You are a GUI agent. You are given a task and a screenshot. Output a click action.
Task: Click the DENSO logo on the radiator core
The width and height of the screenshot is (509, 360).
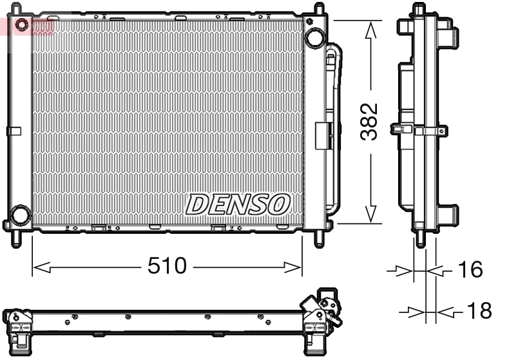click(x=237, y=204)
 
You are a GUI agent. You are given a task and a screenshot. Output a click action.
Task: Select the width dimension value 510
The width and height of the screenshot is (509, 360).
click(x=167, y=266)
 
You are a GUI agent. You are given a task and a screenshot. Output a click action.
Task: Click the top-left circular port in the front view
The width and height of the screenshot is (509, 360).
click(x=22, y=26)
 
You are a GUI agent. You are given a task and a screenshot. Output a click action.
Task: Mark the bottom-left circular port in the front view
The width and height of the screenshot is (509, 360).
click(x=21, y=214)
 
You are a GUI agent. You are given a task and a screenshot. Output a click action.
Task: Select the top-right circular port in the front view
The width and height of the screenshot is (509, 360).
click(x=315, y=37)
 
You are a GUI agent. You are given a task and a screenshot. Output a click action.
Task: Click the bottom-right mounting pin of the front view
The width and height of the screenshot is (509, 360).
click(x=319, y=238)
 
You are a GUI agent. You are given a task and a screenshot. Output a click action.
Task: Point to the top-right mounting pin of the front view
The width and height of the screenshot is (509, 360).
click(x=318, y=9)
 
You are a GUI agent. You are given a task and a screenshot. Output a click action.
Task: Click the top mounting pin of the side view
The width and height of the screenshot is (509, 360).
click(x=419, y=10)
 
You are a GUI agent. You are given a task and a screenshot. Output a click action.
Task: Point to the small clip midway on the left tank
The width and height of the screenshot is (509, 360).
click(x=14, y=131)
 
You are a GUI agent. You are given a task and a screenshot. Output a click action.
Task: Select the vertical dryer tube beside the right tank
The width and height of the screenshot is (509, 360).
click(x=333, y=129)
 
